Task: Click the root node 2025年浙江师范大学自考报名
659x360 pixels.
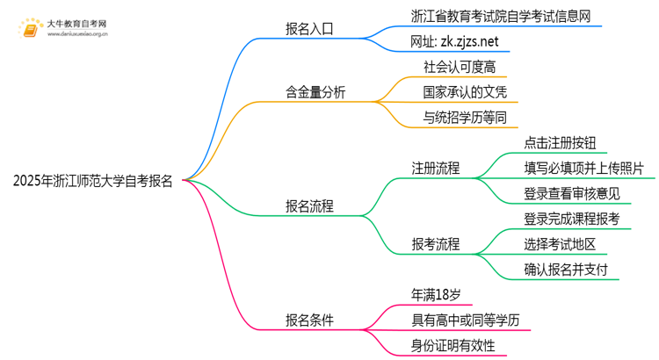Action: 93,182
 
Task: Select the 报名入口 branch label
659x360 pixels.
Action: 309,28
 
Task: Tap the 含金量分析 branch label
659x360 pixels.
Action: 315,91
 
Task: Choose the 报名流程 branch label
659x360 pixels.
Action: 309,206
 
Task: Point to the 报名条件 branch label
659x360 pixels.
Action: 309,320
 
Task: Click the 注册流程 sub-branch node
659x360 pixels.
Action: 436,168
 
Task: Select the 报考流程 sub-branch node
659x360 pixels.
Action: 436,244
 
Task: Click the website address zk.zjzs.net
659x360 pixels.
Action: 454,41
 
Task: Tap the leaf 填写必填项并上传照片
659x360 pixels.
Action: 583,168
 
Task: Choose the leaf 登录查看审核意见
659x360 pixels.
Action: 571,193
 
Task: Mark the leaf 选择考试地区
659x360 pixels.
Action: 565,244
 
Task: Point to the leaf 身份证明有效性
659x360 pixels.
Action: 459,346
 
